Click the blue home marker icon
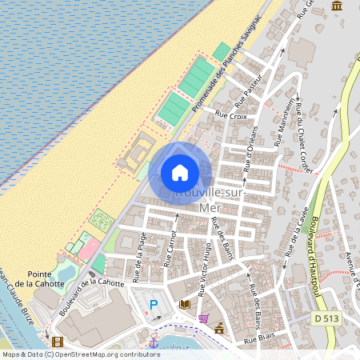180,173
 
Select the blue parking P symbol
154,305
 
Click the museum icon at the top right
337,6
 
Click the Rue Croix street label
232,116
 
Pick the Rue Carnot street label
170,248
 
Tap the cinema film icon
57,342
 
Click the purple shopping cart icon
203,318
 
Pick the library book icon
185,304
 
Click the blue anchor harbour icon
153,342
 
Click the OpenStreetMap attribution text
81,354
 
